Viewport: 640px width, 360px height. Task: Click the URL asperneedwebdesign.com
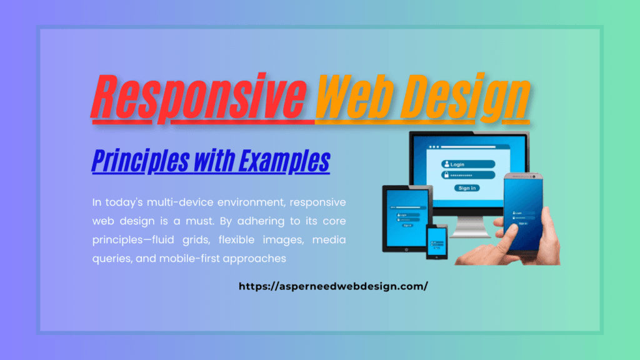tap(334, 286)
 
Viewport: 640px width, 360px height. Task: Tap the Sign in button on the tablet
tap(407, 225)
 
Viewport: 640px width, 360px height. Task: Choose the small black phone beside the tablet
tap(437, 241)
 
